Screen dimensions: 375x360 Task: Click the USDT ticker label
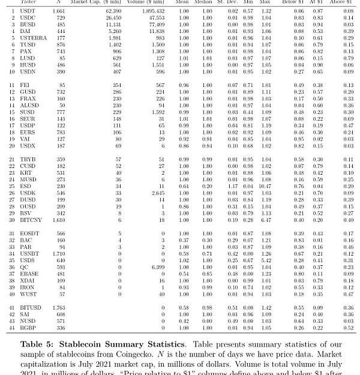click(x=28, y=11)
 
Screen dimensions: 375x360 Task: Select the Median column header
click(x=207, y=2)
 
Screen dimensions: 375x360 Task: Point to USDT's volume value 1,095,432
click(x=153, y=11)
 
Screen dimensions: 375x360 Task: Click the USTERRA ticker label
click(x=32, y=37)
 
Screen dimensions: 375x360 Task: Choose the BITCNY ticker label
click(x=31, y=220)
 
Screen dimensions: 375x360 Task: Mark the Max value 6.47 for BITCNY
click(x=266, y=220)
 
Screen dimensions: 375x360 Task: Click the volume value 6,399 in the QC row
click(x=157, y=267)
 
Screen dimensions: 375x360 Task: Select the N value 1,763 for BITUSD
click(x=59, y=307)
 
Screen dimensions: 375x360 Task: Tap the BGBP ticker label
click(x=28, y=328)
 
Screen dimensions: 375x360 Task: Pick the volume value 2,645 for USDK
click(x=157, y=193)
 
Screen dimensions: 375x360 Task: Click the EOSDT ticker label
click(x=29, y=233)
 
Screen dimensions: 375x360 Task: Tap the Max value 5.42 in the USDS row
click(x=266, y=260)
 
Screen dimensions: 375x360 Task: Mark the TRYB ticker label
click(x=28, y=159)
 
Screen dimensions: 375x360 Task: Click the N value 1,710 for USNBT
click(x=59, y=254)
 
